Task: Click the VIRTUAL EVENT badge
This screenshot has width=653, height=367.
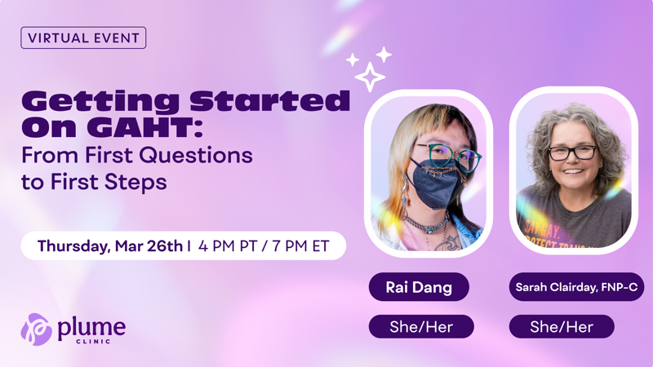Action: tap(83, 38)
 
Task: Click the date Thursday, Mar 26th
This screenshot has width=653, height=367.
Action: tap(109, 245)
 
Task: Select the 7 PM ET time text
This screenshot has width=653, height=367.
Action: tap(299, 245)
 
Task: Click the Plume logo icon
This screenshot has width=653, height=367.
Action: tap(36, 329)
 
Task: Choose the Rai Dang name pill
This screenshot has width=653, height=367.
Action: tap(420, 287)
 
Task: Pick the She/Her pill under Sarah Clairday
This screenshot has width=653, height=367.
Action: tap(562, 327)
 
